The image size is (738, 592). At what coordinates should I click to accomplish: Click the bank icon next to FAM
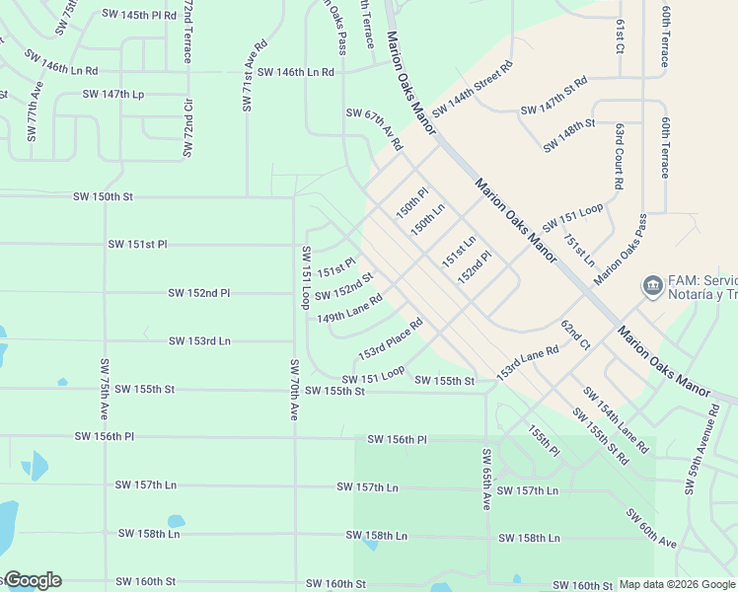point(652,286)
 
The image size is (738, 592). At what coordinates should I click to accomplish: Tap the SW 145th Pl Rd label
point(139,15)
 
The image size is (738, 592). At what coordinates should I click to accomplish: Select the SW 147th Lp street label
point(113,95)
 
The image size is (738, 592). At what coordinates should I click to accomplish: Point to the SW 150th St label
point(103,197)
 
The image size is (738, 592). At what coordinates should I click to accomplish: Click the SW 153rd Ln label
point(199,340)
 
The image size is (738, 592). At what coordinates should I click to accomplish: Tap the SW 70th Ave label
point(294,390)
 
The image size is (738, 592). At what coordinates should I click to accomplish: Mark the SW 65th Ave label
point(486,480)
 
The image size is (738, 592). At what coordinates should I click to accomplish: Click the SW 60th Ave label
point(651,529)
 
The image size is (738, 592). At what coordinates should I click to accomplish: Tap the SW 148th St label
point(569,137)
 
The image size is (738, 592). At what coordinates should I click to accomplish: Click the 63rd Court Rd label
point(618,156)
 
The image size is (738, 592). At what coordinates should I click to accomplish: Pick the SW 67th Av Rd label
point(374,129)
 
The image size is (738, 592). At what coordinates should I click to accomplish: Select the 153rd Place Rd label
point(390,337)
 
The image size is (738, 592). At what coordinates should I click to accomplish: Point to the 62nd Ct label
point(575,335)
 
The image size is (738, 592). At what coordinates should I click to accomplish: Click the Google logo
point(32,580)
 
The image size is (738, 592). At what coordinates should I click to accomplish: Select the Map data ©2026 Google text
point(676,584)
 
